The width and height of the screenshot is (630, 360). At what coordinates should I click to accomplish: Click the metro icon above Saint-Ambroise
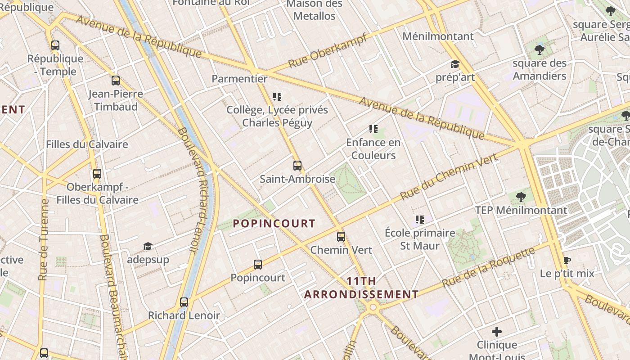coord(297,166)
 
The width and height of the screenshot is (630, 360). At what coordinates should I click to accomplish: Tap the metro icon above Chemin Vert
coord(341,236)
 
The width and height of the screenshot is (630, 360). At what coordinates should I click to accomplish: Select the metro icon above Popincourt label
coord(257,265)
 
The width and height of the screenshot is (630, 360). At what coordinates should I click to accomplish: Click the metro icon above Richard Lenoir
coord(184,302)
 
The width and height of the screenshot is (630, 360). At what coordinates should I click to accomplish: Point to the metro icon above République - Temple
coord(55,45)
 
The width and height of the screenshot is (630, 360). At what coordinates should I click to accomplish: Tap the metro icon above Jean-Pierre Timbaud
coord(116,81)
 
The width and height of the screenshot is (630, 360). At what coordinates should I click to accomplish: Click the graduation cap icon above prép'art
coord(455,64)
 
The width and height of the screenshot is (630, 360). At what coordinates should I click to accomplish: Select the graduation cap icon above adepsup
coord(148,246)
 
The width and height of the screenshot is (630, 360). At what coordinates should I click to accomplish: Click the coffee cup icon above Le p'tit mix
coord(567,261)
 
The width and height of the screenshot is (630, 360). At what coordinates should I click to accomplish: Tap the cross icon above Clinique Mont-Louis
coord(497,332)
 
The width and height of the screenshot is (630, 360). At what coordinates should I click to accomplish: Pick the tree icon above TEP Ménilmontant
coord(521,197)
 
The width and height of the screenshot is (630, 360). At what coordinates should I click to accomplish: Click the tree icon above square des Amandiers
coord(539,49)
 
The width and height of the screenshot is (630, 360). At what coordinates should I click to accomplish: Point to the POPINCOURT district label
coord(274,224)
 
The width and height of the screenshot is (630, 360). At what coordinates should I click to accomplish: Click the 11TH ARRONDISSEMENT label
coord(361,288)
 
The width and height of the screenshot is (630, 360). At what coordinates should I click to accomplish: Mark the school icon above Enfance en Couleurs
coord(373,129)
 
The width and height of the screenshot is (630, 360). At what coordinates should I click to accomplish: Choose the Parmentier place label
coord(239,79)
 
